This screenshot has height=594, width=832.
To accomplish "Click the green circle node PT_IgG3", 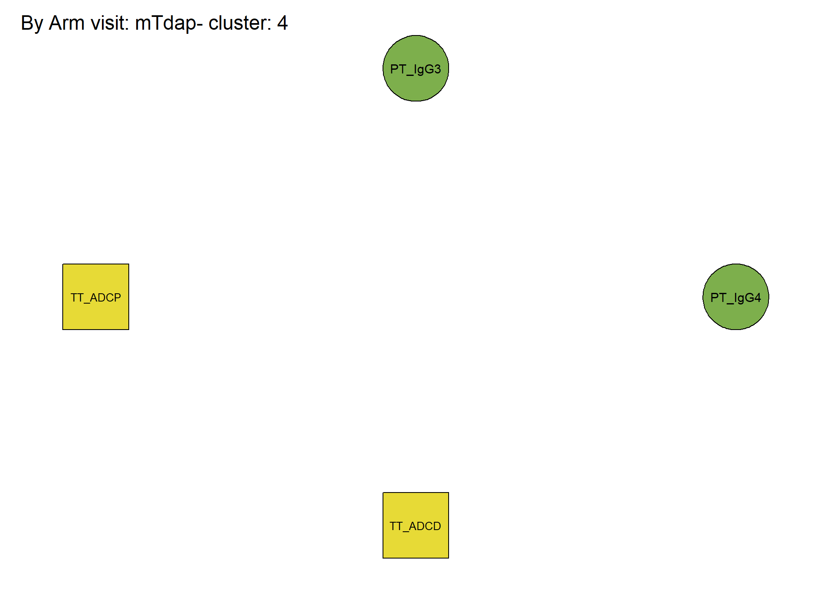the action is [416, 68].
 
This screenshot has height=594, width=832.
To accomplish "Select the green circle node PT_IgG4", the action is [736, 297].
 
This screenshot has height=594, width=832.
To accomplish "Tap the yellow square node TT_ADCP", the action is [96, 297].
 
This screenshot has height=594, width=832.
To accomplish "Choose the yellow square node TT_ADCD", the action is [416, 525].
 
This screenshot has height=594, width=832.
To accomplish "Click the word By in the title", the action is [32, 24].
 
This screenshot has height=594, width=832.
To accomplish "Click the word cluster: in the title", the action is [240, 23].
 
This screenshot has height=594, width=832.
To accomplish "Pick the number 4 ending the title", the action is [282, 23].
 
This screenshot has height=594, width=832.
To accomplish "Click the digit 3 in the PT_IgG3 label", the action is [437, 68].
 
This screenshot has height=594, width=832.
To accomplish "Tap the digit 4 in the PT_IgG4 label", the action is [757, 297].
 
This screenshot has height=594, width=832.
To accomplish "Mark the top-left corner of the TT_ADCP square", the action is [63, 264].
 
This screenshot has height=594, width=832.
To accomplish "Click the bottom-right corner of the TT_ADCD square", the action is [449, 558].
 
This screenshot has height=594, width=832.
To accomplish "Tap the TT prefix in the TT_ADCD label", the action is [396, 526].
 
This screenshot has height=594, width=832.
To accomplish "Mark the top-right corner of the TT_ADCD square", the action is [449, 493].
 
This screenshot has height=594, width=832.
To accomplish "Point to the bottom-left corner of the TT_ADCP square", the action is [63, 330].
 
